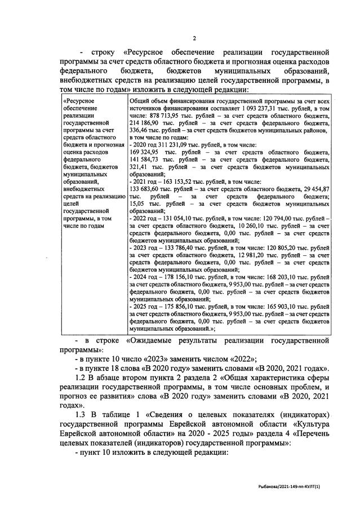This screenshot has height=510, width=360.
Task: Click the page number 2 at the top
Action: click(x=193, y=38)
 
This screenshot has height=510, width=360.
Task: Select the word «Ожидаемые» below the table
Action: click(x=185, y=341)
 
